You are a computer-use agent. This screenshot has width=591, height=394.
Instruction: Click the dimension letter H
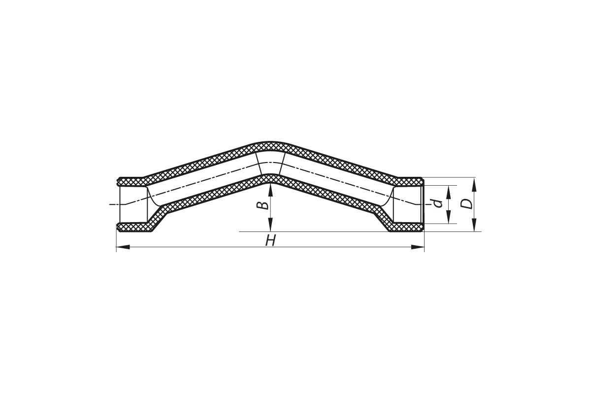tap(270, 241)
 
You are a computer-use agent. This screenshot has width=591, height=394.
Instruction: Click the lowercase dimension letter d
tap(438, 203)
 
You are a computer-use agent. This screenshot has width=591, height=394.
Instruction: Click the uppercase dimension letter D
tap(466, 204)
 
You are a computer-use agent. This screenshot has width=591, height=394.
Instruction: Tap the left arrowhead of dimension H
tap(123, 247)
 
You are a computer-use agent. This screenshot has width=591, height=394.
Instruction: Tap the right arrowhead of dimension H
tap(418, 247)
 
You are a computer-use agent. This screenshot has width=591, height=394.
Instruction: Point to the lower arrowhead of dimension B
tap(270, 225)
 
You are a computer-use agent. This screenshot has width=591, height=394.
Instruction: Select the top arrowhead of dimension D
tap(474, 184)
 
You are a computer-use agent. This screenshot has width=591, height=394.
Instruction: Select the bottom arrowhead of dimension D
tap(474, 225)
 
